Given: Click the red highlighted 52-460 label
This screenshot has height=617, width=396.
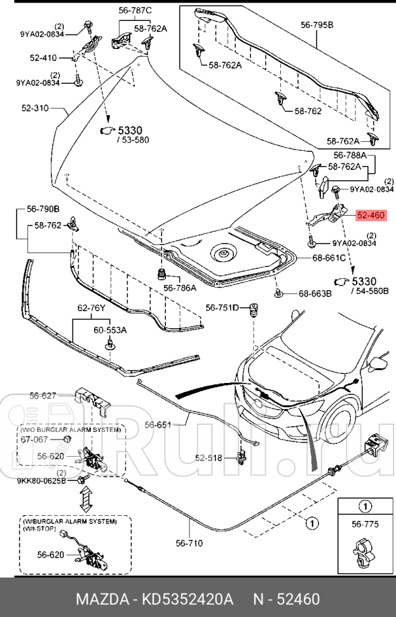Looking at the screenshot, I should (371, 216).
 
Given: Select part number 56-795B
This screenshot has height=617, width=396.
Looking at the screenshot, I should (317, 26).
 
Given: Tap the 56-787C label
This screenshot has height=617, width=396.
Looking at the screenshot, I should (135, 11).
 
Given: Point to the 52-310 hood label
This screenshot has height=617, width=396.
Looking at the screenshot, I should (35, 109).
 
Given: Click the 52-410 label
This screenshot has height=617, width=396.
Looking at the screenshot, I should (43, 58).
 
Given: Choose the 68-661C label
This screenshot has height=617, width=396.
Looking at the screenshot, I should (329, 258).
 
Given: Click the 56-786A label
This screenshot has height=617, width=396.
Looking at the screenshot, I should (180, 288).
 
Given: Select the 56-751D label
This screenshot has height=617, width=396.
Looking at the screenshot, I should (222, 308).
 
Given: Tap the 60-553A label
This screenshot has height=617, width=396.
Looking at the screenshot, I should (110, 330).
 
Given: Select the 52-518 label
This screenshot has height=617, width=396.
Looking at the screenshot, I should (208, 457).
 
